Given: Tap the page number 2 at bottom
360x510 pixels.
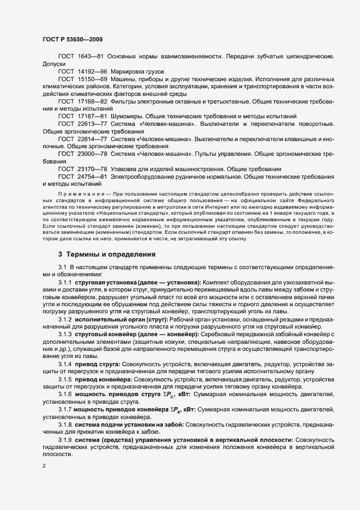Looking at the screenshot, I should (44, 466).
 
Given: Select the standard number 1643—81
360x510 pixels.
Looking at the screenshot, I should (91, 57).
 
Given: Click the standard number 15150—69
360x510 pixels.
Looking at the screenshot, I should (93, 80).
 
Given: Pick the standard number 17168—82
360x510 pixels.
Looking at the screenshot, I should (93, 102).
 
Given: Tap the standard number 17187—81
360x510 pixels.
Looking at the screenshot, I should (93, 117).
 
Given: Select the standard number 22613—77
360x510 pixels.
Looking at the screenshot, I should (93, 124).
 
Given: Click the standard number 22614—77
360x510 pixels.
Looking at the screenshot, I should (93, 139).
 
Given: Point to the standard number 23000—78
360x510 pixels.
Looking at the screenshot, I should (93, 154).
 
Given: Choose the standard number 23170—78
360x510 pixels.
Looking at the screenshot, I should (93, 169).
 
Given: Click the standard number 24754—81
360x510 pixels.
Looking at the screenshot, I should (93, 177).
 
